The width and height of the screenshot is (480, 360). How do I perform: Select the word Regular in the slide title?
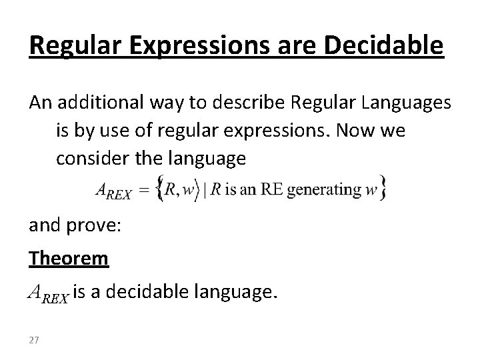point(72,46)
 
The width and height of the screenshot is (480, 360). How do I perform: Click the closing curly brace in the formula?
point(383,189)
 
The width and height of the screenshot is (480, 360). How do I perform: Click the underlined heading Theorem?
point(68,258)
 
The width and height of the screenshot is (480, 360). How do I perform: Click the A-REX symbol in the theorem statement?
point(48,291)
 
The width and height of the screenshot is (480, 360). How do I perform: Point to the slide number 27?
point(34,341)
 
